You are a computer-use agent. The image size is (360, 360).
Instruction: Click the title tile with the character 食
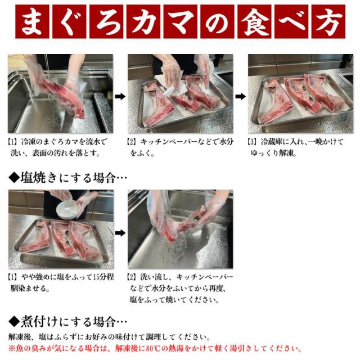pyautogui.click(x=254, y=21)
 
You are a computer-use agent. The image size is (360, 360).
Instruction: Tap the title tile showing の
pyautogui.click(x=217, y=21)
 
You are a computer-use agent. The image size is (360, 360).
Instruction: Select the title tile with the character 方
pyautogui.click(x=328, y=21)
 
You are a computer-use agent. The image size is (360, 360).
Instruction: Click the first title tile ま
pyautogui.click(x=32, y=21)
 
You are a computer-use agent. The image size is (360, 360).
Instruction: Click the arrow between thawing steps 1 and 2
pyautogui.click(x=120, y=96)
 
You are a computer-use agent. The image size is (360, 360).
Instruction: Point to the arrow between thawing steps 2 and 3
pyautogui.click(x=240, y=96)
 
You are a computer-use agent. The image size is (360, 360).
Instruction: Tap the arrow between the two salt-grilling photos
pyautogui.click(x=120, y=233)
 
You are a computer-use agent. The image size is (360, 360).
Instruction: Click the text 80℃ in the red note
pyautogui.click(x=152, y=349)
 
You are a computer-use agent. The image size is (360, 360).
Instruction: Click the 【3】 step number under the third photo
pyautogui.click(x=252, y=142)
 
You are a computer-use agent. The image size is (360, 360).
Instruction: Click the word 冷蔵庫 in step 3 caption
pyautogui.click(x=272, y=142)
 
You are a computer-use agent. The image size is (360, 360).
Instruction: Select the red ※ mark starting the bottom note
pyautogui.click(x=12, y=349)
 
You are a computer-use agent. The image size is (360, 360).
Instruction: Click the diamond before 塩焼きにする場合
pyautogui.click(x=14, y=178)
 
